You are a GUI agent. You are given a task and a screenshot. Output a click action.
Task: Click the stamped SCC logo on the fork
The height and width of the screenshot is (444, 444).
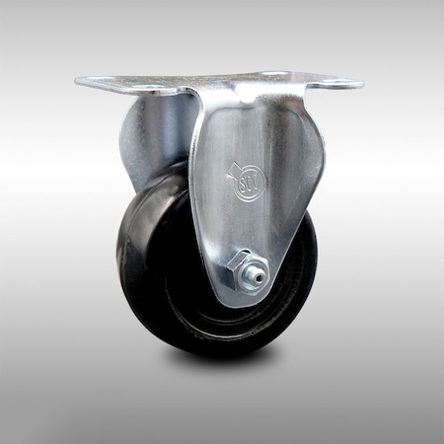(x=248, y=183)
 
